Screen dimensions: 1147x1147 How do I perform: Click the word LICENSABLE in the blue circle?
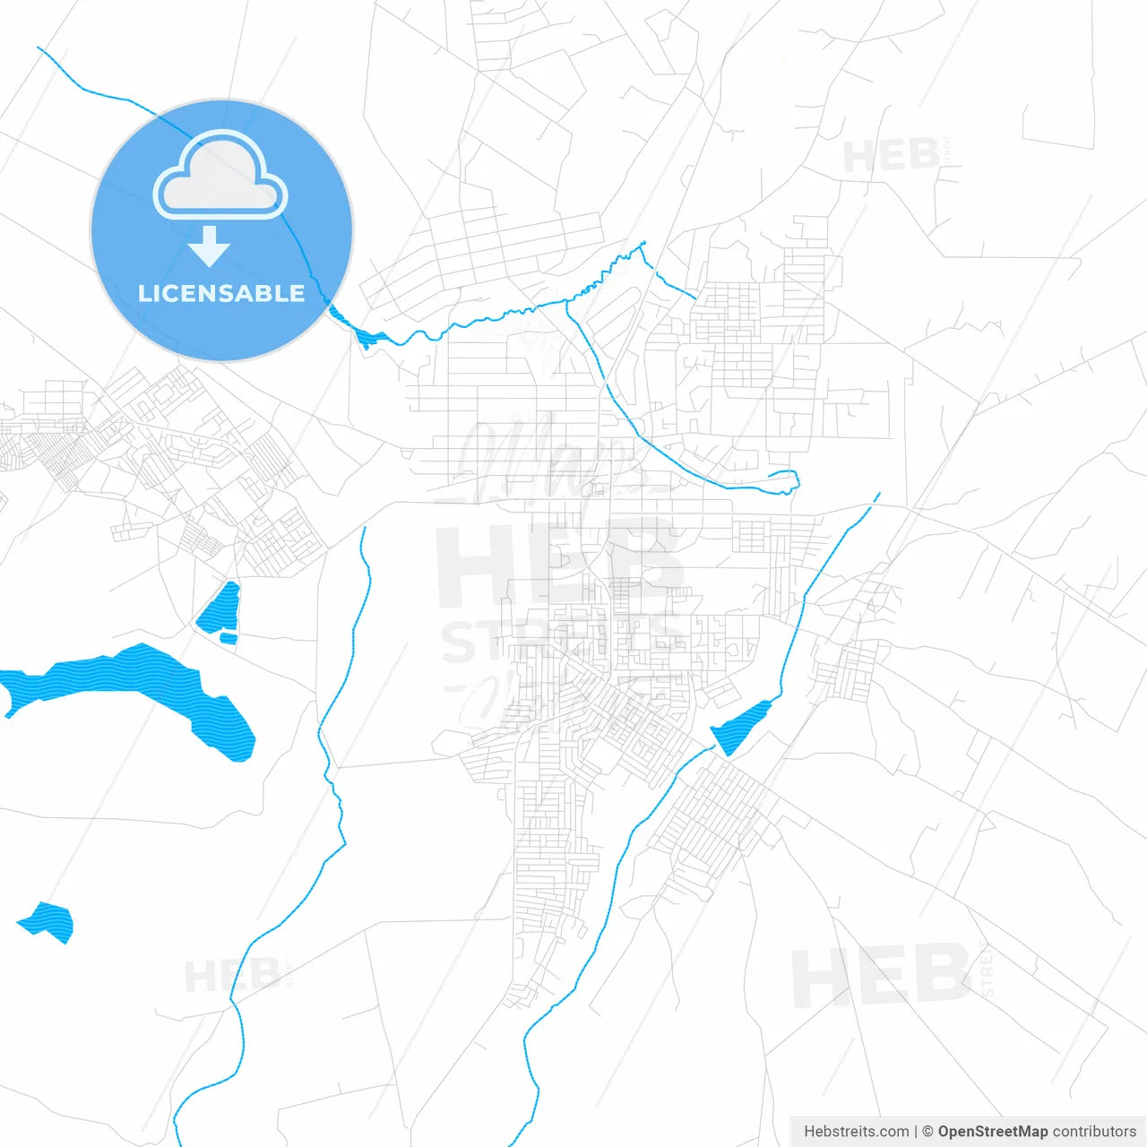coord(221,294)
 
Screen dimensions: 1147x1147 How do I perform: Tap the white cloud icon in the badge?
coord(220,177)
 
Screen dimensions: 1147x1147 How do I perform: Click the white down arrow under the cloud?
coord(210,246)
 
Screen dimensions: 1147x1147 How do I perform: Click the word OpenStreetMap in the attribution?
coord(992,1132)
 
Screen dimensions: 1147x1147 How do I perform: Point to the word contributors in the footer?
coord(1093,1132)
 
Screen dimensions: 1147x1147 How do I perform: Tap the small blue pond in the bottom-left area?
coord(47,920)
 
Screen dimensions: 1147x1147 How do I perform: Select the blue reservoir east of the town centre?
coord(742,727)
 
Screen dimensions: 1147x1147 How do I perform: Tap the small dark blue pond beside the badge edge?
coord(367,336)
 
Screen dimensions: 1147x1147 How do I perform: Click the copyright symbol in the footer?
coord(927,1132)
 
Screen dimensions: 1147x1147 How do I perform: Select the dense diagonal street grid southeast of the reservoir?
coord(712,820)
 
